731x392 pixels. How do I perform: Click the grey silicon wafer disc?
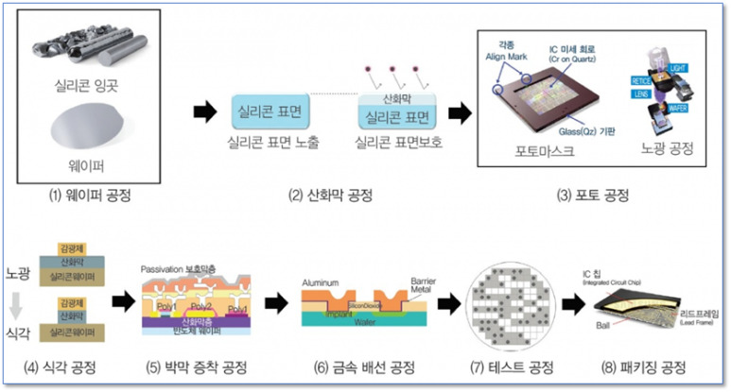[x=91, y=130]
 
